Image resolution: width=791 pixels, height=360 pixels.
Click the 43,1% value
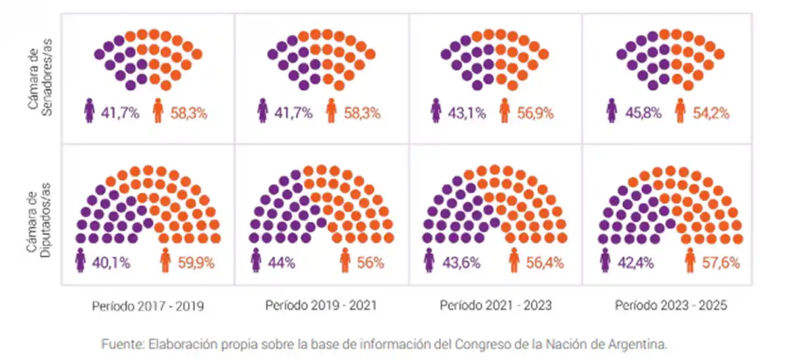click(x=468, y=113)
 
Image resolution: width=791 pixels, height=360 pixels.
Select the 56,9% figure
click(x=535, y=113)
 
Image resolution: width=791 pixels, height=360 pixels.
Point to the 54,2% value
click(x=711, y=113)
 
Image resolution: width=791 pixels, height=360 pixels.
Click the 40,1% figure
click(x=111, y=262)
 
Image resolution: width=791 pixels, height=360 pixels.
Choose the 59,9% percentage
click(x=196, y=262)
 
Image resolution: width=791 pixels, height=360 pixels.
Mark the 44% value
click(x=281, y=262)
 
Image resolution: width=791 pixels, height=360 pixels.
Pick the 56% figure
click(x=370, y=262)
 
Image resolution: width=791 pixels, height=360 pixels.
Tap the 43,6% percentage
click(x=461, y=262)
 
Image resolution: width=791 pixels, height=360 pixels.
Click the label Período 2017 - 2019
click(x=148, y=307)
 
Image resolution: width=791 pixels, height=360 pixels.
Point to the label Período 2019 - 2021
click(x=321, y=306)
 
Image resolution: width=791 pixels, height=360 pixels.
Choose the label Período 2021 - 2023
click(x=496, y=306)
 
